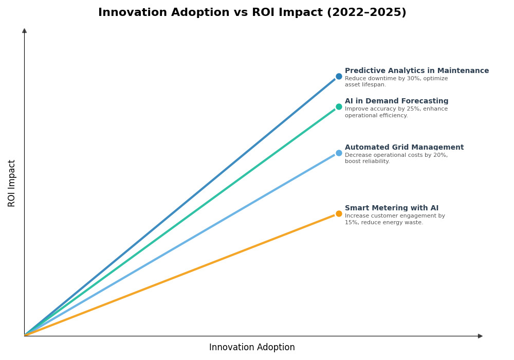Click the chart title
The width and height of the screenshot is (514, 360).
click(x=252, y=13)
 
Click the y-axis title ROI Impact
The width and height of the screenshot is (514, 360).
click(x=12, y=183)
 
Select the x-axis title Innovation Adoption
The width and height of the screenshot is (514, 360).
click(x=252, y=348)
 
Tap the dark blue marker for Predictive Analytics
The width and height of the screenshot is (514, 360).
click(x=339, y=77)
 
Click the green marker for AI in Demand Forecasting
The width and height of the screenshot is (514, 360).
click(x=339, y=107)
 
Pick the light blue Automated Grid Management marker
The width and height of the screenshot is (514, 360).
click(x=339, y=153)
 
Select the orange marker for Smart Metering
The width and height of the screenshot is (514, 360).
click(x=339, y=214)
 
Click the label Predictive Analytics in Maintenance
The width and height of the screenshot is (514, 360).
click(x=416, y=71)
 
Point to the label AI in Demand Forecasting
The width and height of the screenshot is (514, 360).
click(x=396, y=101)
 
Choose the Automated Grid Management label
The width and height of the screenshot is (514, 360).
click(x=404, y=148)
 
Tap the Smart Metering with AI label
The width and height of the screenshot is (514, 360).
click(x=391, y=208)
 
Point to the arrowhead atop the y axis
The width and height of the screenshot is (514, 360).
click(x=24, y=31)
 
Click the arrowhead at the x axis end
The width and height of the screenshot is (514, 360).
click(x=480, y=336)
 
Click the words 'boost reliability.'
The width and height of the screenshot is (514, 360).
click(x=367, y=161)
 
